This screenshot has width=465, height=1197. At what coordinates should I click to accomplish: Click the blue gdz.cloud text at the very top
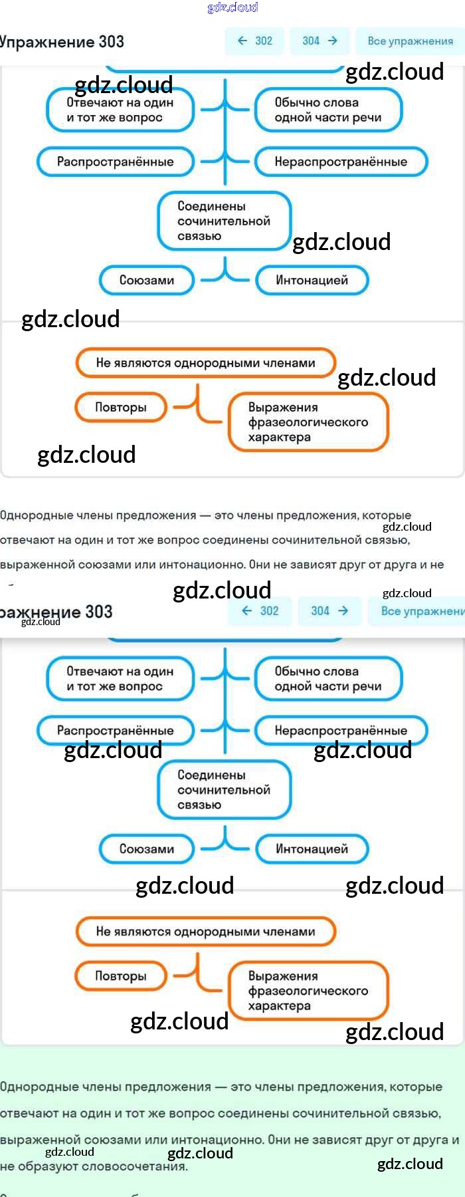(232, 7)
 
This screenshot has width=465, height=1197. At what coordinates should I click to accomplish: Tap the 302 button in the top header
(255, 41)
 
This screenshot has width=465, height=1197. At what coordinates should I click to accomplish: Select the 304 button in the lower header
(329, 610)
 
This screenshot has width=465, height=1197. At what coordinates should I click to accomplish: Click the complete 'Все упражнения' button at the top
(410, 41)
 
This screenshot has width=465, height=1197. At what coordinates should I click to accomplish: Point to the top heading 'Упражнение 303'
(62, 41)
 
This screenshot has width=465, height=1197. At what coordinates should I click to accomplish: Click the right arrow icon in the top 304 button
(333, 41)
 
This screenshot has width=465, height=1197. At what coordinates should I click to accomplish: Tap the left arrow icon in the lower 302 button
(247, 610)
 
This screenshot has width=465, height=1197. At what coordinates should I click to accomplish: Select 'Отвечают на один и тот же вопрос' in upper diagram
(120, 110)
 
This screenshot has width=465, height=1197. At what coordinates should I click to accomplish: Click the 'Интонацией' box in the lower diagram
(312, 849)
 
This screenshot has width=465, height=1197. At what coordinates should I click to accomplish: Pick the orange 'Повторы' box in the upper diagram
(120, 407)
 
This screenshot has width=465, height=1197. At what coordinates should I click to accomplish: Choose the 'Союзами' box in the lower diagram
(147, 849)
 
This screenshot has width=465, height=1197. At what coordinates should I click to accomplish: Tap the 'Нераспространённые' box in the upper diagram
(341, 162)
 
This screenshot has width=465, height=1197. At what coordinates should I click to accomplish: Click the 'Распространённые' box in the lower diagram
(116, 730)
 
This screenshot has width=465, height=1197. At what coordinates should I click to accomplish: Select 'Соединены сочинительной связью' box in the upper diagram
(224, 221)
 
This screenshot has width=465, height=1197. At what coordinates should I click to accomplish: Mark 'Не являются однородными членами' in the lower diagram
(206, 931)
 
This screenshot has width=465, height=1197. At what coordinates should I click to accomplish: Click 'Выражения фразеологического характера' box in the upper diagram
(308, 422)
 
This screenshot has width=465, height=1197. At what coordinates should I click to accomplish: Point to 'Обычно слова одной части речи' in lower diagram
(328, 679)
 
